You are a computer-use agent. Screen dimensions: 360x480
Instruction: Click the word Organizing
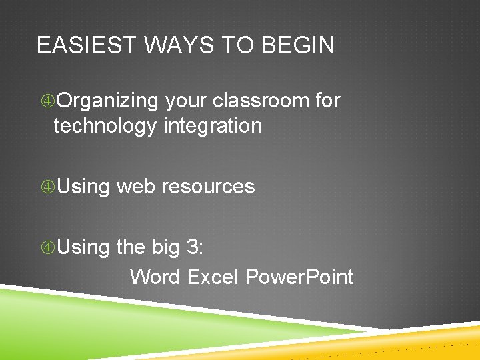point(108,101)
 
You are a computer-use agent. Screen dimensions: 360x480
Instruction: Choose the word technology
point(105,125)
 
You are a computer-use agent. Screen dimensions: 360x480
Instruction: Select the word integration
point(213,125)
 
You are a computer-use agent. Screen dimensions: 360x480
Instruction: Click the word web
point(135,186)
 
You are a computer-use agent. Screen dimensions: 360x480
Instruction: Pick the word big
point(166,248)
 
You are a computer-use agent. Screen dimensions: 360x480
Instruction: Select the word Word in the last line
point(155,276)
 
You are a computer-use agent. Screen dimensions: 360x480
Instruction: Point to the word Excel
point(213,276)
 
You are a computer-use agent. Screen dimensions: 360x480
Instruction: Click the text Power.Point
point(299,276)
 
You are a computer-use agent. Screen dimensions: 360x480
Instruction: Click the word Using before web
point(83,186)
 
